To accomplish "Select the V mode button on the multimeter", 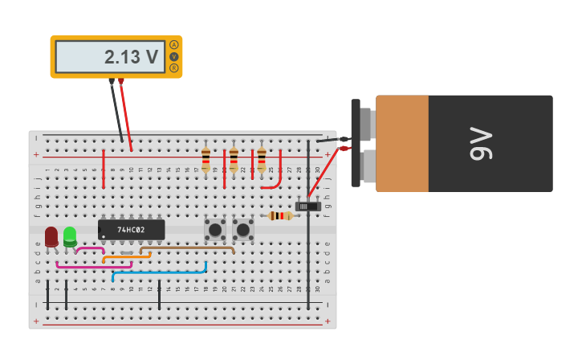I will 173,57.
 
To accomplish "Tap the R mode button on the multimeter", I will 173,68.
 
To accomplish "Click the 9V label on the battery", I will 480,144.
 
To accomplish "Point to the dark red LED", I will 51,236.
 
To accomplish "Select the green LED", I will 70,235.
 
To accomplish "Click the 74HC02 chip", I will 131,230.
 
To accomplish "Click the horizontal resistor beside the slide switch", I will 279,215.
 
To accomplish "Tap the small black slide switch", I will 307,207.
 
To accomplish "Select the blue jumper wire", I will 161,272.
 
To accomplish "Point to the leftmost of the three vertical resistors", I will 206,158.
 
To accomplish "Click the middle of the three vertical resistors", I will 234,158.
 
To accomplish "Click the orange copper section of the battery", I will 401,144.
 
